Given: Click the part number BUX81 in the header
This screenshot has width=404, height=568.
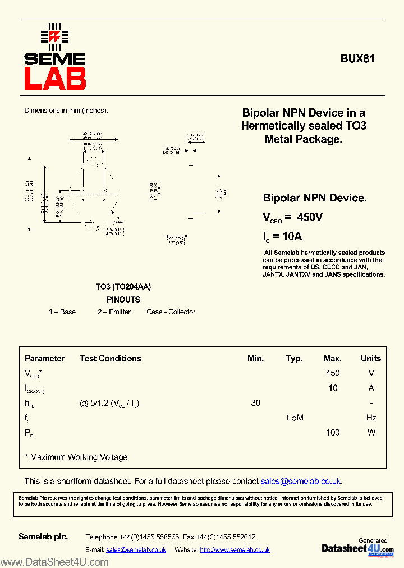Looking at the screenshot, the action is point(357,58).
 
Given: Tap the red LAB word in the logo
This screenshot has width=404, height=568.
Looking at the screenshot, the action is point(54,79).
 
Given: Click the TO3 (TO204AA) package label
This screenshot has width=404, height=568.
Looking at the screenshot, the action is point(123,287).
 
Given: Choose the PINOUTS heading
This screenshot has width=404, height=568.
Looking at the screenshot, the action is point(123,300).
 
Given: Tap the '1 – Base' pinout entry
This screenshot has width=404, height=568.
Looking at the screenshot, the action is point(62,312).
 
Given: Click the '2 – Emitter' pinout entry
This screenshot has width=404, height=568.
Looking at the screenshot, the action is point(114,312).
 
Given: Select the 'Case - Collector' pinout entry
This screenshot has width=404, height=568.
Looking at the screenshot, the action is point(171,312).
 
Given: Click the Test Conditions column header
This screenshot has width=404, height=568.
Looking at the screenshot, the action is point(111,359).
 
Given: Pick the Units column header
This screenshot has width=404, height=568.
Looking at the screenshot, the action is point(370,359).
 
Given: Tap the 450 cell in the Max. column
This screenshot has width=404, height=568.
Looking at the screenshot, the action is point(333,373).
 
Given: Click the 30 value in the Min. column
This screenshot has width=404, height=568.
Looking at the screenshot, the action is point(256,403).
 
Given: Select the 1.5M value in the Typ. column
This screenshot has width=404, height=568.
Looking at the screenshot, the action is point(294,418).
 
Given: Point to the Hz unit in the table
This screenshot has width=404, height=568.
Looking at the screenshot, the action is point(370,418).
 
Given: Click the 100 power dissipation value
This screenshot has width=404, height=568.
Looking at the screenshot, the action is point(333,433).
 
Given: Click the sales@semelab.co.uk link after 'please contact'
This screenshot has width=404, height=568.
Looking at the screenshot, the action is point(301,482).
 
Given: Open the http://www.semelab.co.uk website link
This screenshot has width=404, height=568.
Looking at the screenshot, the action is point(235,550).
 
